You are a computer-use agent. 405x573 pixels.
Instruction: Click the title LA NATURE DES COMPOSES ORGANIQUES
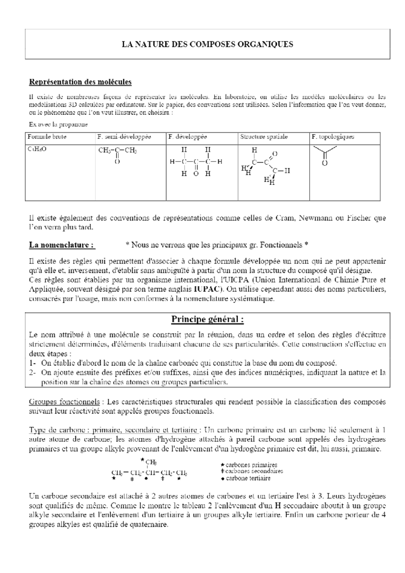pos(207,44)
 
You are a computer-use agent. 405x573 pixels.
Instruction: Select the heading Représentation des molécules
pos(80,82)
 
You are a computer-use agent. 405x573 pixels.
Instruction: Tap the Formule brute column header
pos(47,137)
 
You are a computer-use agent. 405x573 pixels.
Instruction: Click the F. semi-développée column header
pos(124,137)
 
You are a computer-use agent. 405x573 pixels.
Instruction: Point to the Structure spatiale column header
pos(264,137)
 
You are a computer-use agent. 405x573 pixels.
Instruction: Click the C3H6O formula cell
pos(37,148)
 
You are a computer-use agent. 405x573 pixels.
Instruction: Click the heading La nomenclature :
pos(62,245)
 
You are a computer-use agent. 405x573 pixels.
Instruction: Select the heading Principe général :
pos(207,319)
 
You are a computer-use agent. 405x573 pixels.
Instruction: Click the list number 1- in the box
pos(32,363)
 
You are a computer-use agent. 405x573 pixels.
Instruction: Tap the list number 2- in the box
pos(32,373)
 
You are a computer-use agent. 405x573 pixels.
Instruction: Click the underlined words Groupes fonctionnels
pos(64,402)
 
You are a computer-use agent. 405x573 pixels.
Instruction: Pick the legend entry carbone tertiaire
pos(248,478)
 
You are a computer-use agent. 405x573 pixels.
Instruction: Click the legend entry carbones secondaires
pos(254,471)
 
